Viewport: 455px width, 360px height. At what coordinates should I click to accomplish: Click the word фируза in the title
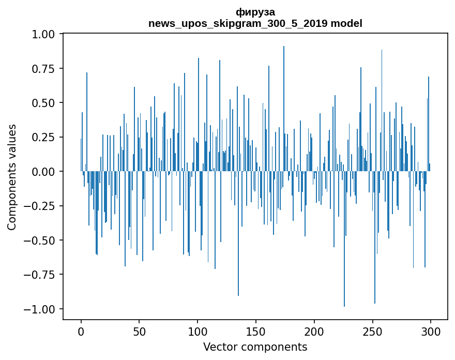coord(255,12)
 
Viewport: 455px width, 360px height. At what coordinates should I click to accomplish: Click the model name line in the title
coord(255,23)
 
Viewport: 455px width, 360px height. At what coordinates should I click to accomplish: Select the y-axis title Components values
coord(12,177)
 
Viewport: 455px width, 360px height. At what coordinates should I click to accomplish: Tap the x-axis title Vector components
coord(255,347)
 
